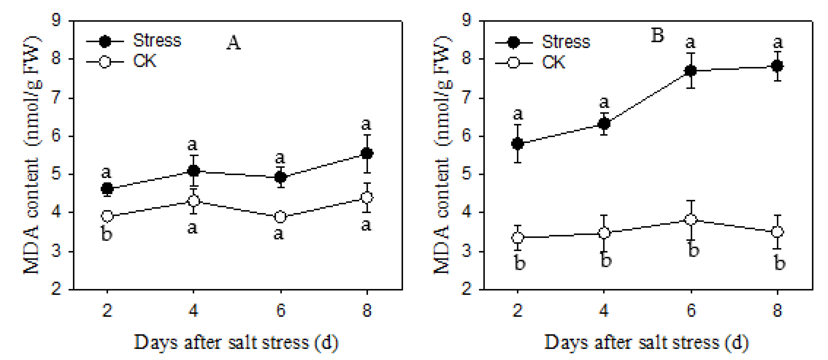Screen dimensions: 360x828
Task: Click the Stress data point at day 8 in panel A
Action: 367,153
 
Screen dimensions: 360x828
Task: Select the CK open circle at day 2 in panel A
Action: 107,216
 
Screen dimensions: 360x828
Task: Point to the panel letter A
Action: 233,43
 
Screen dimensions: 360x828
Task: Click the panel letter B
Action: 657,35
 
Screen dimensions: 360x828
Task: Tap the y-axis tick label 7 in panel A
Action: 56,97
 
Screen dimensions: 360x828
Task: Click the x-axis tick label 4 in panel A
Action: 193,310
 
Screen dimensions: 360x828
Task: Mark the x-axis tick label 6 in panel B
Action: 691,310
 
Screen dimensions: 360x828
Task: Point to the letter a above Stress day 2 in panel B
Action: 517,114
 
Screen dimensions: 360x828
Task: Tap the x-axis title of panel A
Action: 236,343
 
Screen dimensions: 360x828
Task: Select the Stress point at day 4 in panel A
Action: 193,171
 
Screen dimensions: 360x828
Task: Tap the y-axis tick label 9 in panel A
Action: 56,21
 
